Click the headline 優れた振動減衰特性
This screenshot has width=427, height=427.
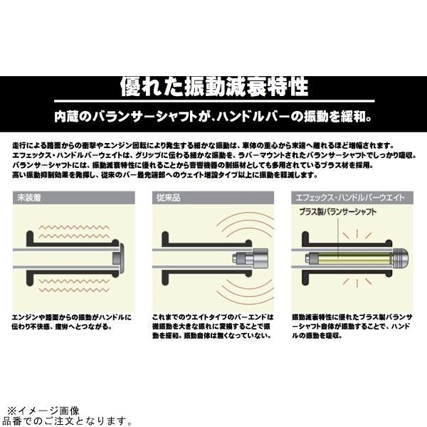point(213,88)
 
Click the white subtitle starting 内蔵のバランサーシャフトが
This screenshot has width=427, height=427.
point(213,115)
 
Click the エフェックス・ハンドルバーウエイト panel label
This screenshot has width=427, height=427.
point(339,199)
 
